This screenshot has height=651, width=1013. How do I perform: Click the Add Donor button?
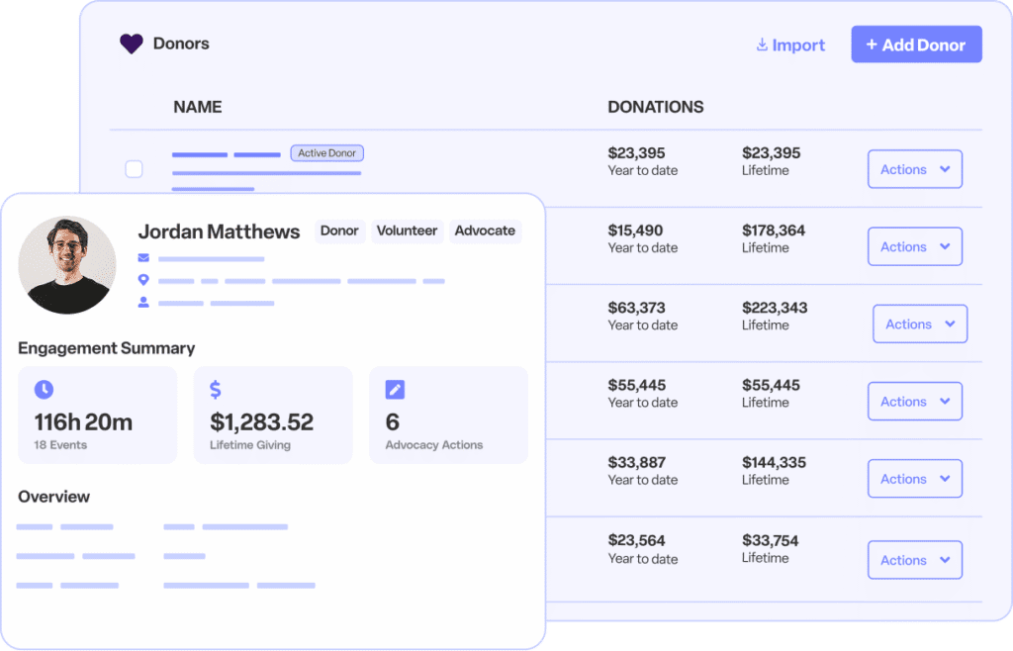click(x=916, y=45)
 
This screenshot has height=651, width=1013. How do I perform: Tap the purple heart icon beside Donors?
click(x=132, y=44)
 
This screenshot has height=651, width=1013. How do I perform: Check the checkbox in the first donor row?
click(x=134, y=169)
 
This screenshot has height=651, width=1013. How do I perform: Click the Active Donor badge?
click(x=327, y=153)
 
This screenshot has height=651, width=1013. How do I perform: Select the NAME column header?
click(x=197, y=107)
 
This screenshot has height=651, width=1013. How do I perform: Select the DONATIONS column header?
click(x=655, y=107)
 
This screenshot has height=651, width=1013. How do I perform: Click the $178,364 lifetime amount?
click(x=774, y=231)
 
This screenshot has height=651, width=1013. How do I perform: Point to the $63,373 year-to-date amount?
click(x=637, y=308)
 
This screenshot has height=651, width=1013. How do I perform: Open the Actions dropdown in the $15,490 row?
click(x=914, y=246)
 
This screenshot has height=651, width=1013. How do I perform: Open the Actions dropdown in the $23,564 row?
click(x=914, y=560)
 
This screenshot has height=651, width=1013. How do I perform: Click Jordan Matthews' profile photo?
click(x=66, y=265)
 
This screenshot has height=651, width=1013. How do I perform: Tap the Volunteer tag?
click(x=407, y=231)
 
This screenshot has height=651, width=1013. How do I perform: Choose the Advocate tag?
click(x=485, y=231)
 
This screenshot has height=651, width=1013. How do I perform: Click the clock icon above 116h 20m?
click(x=44, y=390)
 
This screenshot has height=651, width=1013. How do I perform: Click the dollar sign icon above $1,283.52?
click(x=216, y=390)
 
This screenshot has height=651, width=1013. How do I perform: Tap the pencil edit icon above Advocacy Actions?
click(x=394, y=390)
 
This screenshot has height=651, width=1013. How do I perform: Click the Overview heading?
click(x=53, y=497)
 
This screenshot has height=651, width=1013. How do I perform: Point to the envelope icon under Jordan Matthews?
click(x=144, y=258)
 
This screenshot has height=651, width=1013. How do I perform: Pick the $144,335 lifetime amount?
click(x=774, y=462)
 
